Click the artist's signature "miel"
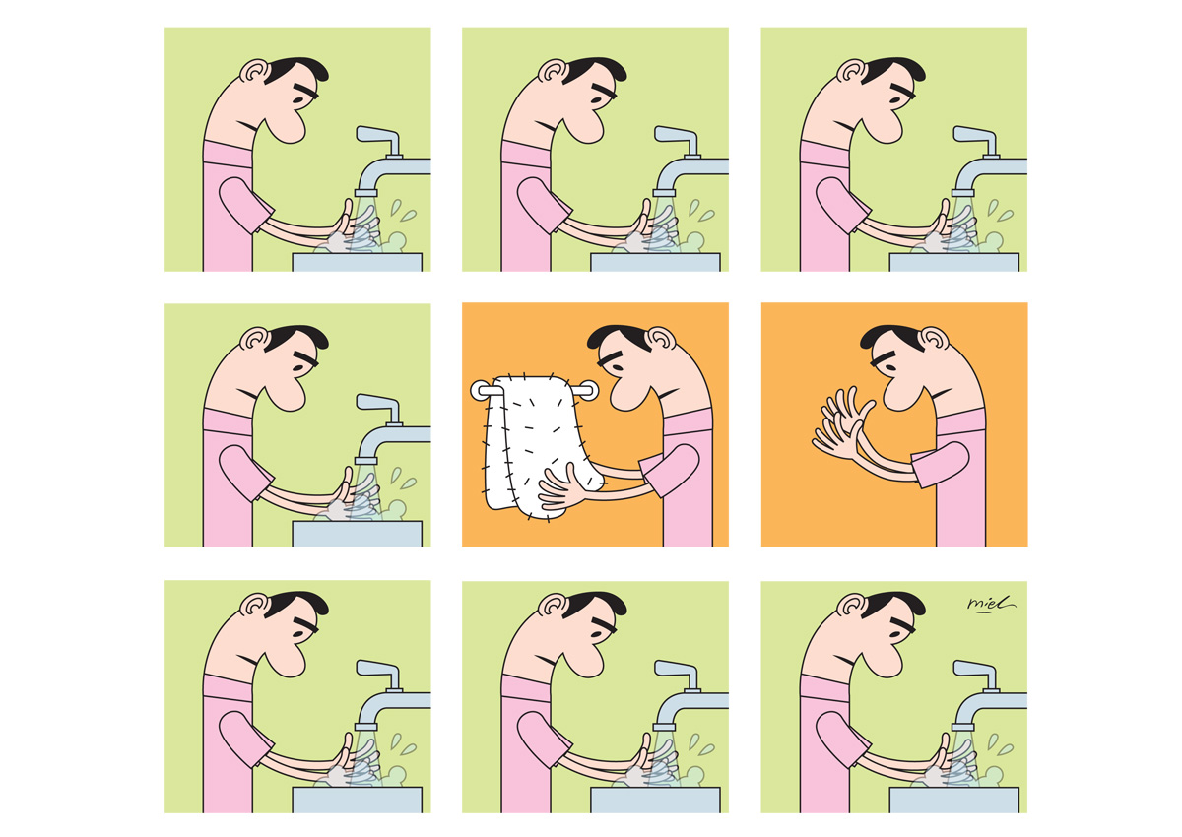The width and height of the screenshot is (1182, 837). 991,604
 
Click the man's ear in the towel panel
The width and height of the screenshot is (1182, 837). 661,339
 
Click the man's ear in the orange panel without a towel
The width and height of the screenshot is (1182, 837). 934,339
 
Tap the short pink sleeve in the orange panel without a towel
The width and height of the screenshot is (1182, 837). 941,464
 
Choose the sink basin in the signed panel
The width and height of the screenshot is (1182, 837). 954,801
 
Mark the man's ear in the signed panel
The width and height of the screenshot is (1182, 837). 850,605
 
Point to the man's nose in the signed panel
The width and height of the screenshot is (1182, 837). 885,661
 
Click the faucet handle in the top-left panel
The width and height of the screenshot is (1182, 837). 378,139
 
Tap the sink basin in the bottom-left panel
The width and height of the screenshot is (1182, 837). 358,801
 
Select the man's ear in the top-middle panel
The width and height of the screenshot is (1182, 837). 552,71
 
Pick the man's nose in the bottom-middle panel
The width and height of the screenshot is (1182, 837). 586,661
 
